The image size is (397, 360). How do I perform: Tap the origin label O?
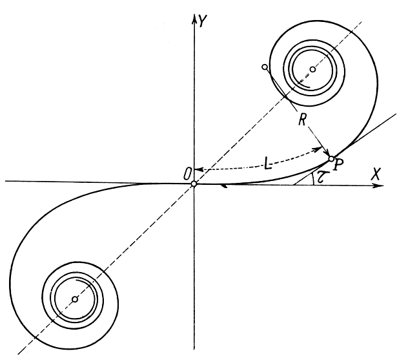pos(187,171)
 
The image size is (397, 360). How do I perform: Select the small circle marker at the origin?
pos(194,184)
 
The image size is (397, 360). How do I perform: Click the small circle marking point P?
pos(331,158)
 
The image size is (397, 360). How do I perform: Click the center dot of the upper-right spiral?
pos(312,69)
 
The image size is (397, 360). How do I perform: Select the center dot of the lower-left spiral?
pos(75,299)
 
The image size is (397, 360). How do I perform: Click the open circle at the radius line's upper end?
pos(265,67)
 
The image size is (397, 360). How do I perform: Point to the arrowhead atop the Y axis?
pos(194,16)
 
